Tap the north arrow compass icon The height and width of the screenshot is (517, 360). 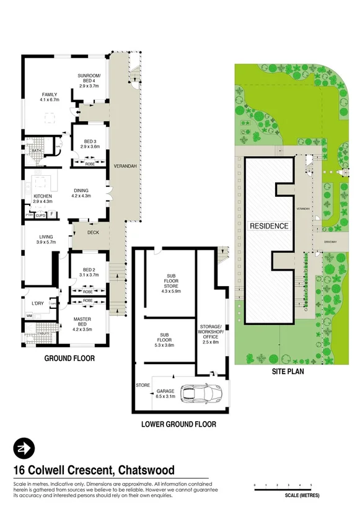click(25, 449)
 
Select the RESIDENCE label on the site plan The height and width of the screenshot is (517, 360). click(270, 226)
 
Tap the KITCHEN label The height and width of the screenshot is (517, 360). click(43, 198)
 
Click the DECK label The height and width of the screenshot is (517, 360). click(93, 233)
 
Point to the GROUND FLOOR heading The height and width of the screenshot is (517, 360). click(64, 358)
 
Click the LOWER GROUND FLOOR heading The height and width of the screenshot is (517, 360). click(178, 424)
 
